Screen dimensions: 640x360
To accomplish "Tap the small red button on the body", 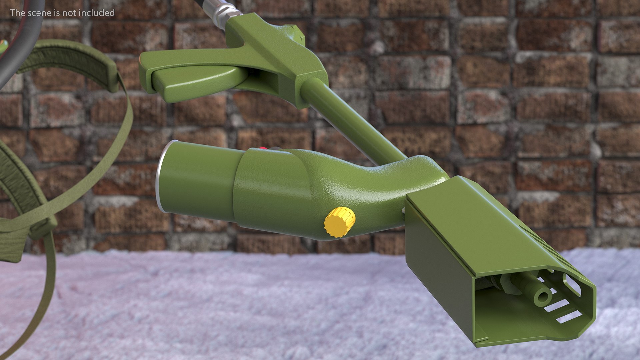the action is point(263,148).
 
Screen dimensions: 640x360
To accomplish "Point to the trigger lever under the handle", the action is point(197,80).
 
